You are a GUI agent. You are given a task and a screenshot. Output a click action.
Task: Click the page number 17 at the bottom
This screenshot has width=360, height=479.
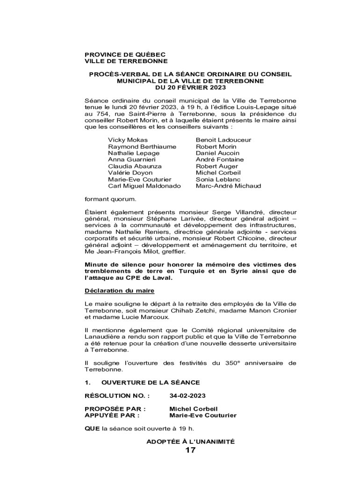point(190,450)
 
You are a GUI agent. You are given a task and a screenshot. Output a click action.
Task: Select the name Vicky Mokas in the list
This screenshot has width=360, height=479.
point(128,140)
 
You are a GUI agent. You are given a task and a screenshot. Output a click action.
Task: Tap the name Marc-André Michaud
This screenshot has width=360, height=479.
point(228,186)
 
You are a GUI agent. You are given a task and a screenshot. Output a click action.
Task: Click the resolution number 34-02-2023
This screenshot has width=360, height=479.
point(187,396)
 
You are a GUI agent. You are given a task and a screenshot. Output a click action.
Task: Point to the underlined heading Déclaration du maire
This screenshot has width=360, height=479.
point(119,290)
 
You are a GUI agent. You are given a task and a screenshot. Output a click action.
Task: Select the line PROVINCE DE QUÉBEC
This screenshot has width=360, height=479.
point(125,55)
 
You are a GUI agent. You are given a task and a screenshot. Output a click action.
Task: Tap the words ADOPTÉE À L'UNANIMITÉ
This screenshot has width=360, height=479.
point(190,441)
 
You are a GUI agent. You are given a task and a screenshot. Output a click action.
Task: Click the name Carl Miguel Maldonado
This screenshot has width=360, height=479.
point(144,186)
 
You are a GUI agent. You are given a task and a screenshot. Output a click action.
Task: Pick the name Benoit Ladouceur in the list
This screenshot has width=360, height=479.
point(223,140)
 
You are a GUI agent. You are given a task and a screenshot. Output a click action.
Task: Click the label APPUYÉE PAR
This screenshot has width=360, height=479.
point(111,415)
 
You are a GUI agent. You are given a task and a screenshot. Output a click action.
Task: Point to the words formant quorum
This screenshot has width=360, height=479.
point(110,199)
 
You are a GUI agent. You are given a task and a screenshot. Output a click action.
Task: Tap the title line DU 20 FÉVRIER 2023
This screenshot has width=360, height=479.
point(190,87)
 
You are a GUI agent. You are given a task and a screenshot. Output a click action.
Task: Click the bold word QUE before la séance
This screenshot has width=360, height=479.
point(92,428)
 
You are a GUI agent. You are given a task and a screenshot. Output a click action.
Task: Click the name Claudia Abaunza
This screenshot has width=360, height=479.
point(135,166)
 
